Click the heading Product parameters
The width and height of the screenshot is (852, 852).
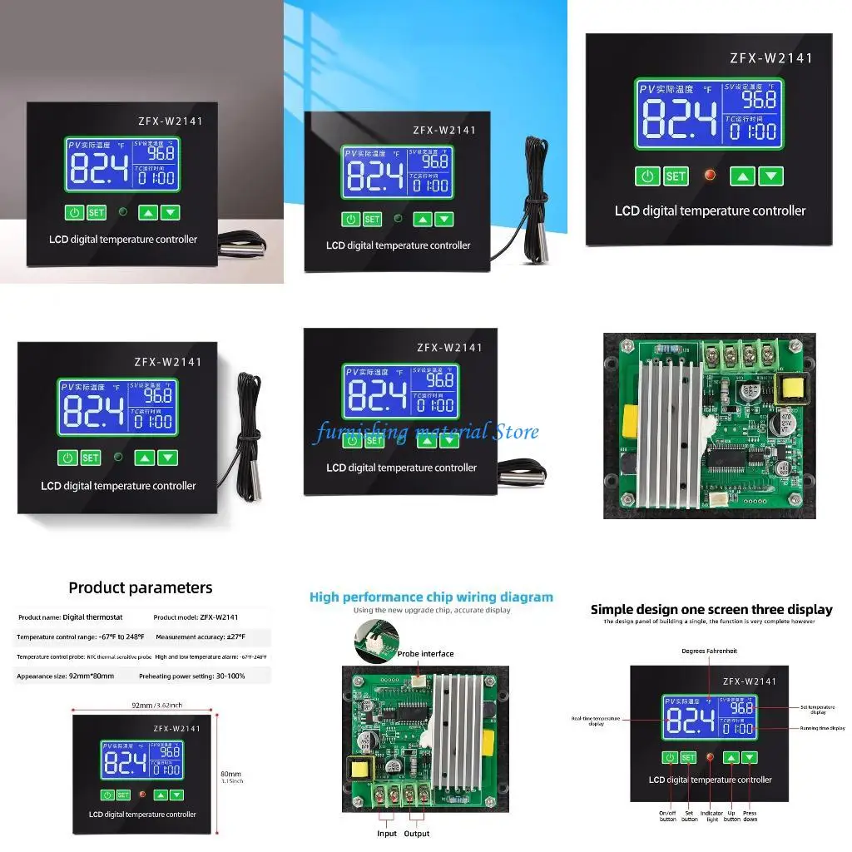point(140,587)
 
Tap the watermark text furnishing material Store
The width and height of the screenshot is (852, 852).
point(426,432)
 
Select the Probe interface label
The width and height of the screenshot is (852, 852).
point(425,653)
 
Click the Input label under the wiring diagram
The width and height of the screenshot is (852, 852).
point(387,833)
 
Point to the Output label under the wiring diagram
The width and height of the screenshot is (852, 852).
point(417,833)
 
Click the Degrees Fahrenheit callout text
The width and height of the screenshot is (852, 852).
point(709,651)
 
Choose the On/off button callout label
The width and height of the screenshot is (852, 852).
point(668,815)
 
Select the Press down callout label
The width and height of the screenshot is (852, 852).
point(750,815)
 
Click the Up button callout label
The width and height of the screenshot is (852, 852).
point(731,815)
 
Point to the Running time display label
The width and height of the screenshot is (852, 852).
point(823,728)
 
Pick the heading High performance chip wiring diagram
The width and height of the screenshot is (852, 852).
point(431,597)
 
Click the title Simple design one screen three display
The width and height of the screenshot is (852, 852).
point(711,609)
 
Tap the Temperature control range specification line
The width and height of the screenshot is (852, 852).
point(81,637)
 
